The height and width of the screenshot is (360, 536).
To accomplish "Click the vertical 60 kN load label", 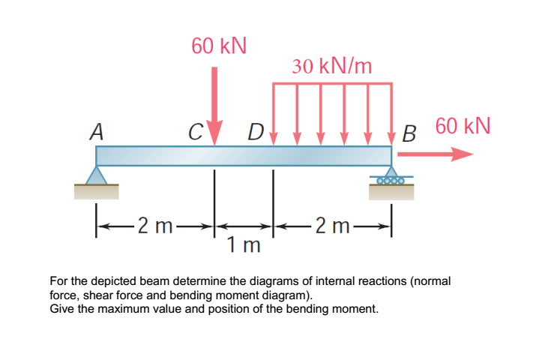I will (218, 46).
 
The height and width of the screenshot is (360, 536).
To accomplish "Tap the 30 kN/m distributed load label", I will (332, 66).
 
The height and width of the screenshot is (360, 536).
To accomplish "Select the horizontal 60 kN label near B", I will (463, 125).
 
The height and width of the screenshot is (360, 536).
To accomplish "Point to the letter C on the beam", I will (196, 135).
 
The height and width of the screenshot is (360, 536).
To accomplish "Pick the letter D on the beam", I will (256, 135).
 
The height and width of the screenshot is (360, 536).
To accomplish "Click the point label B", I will (409, 135).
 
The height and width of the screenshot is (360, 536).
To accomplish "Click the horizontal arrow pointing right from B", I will (436, 155).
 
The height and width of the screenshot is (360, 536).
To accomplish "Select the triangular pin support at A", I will (96, 175).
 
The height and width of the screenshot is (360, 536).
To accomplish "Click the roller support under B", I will (391, 178).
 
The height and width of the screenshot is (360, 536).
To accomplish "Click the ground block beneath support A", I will (96, 192).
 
